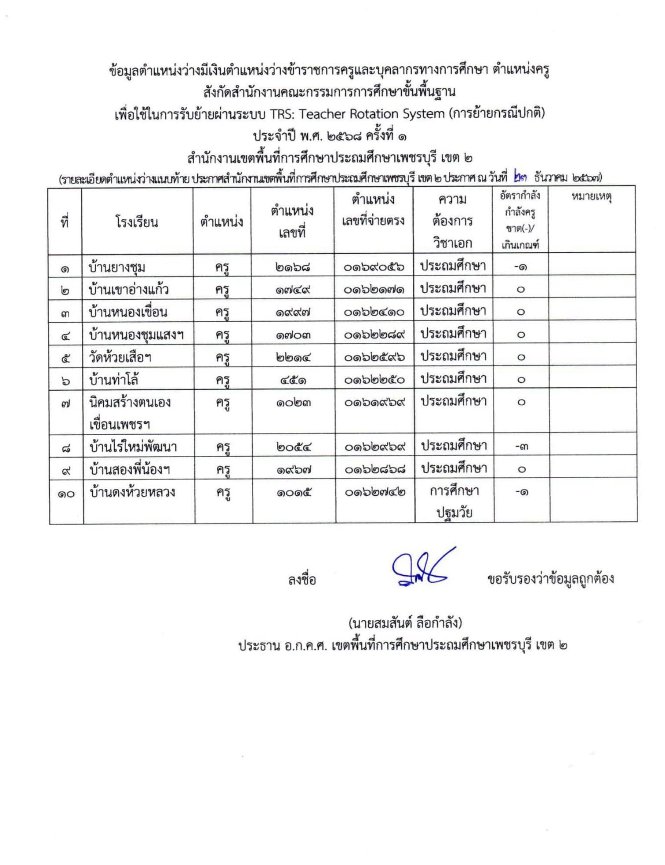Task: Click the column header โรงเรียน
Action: [x=137, y=222]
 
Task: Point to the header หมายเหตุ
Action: [x=591, y=196]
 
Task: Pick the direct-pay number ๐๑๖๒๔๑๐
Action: [x=374, y=312]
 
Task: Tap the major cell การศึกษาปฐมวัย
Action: [x=454, y=502]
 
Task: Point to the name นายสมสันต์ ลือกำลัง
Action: [x=405, y=622]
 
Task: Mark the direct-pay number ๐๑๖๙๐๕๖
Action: [x=374, y=267]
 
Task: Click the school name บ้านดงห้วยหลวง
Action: [x=132, y=492]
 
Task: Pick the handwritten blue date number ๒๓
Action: [x=520, y=178]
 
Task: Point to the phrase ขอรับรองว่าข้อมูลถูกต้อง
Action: [x=550, y=579]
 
